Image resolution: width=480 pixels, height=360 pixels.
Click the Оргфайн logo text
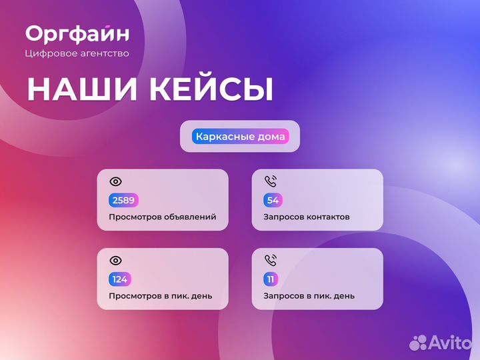pyautogui.click(x=77, y=33)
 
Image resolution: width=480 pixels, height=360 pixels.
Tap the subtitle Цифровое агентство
pyautogui.click(x=77, y=53)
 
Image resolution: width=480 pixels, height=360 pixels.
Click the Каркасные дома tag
pyautogui.click(x=240, y=137)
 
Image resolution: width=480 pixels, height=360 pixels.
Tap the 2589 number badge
pyautogui.click(x=123, y=200)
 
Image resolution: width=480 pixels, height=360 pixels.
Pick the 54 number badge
pyautogui.click(x=273, y=200)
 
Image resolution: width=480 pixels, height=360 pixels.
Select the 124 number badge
pyautogui.click(x=120, y=279)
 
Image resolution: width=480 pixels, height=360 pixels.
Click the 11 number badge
pyautogui.click(x=271, y=279)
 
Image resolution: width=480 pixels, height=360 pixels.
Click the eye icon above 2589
pyautogui.click(x=115, y=181)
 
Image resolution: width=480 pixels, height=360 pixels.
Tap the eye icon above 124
pyautogui.click(x=115, y=260)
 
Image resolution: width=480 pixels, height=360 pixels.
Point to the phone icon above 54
pyautogui.click(x=270, y=181)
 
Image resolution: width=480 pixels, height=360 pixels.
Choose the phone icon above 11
pyautogui.click(x=270, y=259)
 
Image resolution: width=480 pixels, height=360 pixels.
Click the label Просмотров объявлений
pyautogui.click(x=162, y=217)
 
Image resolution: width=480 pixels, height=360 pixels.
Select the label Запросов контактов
pyautogui.click(x=306, y=217)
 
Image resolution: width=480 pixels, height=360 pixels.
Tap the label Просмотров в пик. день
pyautogui.click(x=160, y=296)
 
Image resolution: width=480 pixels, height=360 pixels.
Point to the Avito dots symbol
pyautogui.click(x=418, y=342)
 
